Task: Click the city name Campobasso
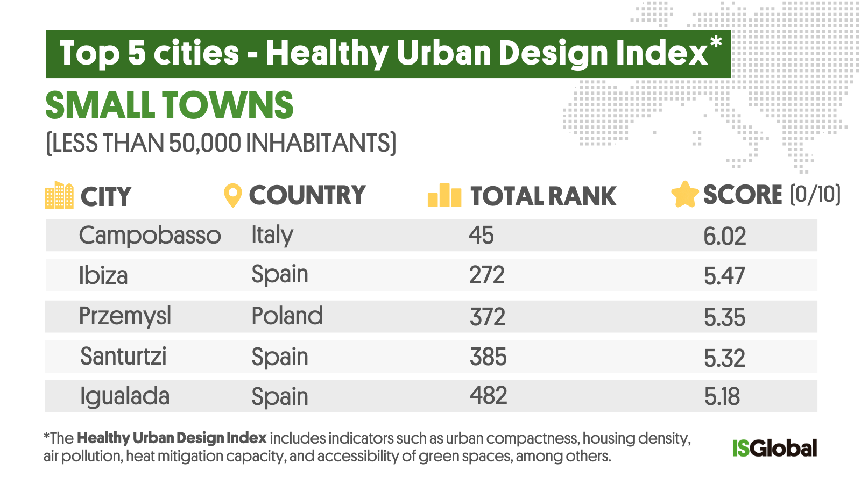[x=150, y=236]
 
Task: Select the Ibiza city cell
[x=103, y=276]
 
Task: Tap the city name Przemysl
[x=125, y=316]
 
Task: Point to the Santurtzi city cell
[x=123, y=357]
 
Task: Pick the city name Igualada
[x=124, y=397]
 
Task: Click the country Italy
[x=272, y=236]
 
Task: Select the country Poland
[x=287, y=316]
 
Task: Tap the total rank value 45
[x=481, y=236]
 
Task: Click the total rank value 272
[x=486, y=276]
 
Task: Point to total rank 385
[x=488, y=357]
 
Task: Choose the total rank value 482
[x=488, y=396]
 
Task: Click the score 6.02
[x=724, y=237]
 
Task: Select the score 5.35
[x=724, y=318]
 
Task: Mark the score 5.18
[x=722, y=397]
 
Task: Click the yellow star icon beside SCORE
[x=684, y=195]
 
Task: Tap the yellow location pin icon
[x=232, y=196]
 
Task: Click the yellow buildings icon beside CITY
[x=59, y=195]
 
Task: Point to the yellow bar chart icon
[x=444, y=196]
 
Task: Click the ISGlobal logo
[x=774, y=448]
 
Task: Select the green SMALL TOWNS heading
[x=169, y=105]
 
